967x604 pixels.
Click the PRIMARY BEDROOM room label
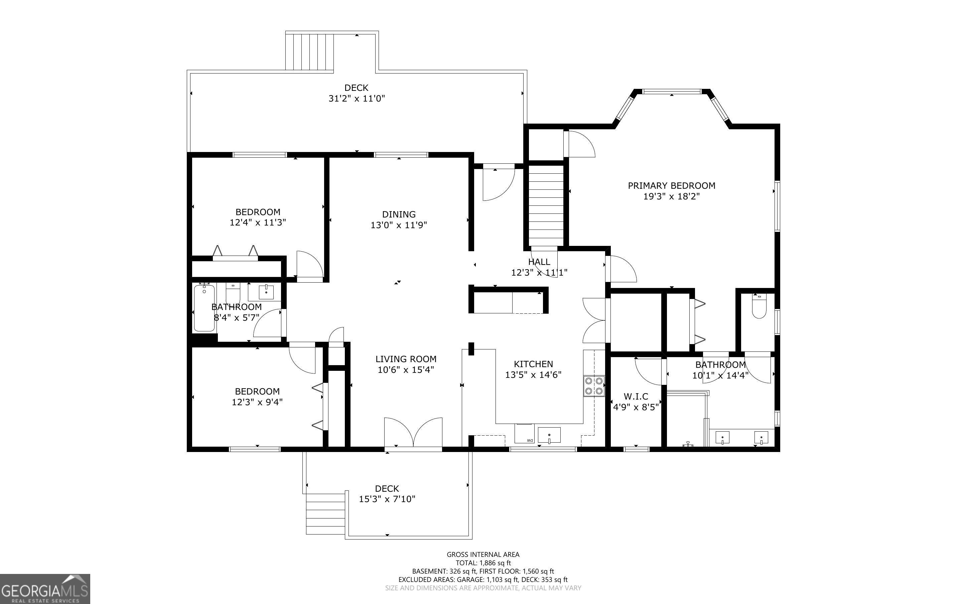point(671,185)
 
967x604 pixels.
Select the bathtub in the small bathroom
point(204,307)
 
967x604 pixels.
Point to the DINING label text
point(399,214)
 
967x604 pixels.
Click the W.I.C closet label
point(636,396)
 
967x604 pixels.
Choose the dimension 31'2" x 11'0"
point(357,98)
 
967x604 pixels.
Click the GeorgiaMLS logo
point(45,589)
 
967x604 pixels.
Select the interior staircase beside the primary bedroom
point(546,205)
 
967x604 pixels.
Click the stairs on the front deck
point(325,514)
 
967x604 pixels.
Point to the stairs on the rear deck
point(309,52)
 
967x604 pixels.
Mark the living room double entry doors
point(413,432)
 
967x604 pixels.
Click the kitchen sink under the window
point(549,435)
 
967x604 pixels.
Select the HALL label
point(539,262)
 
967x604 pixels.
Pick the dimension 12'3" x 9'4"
point(257,402)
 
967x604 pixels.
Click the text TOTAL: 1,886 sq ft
point(483,563)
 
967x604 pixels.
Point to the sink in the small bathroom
point(266,292)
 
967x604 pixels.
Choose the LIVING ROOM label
point(406,359)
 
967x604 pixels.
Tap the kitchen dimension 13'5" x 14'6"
point(534,375)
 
